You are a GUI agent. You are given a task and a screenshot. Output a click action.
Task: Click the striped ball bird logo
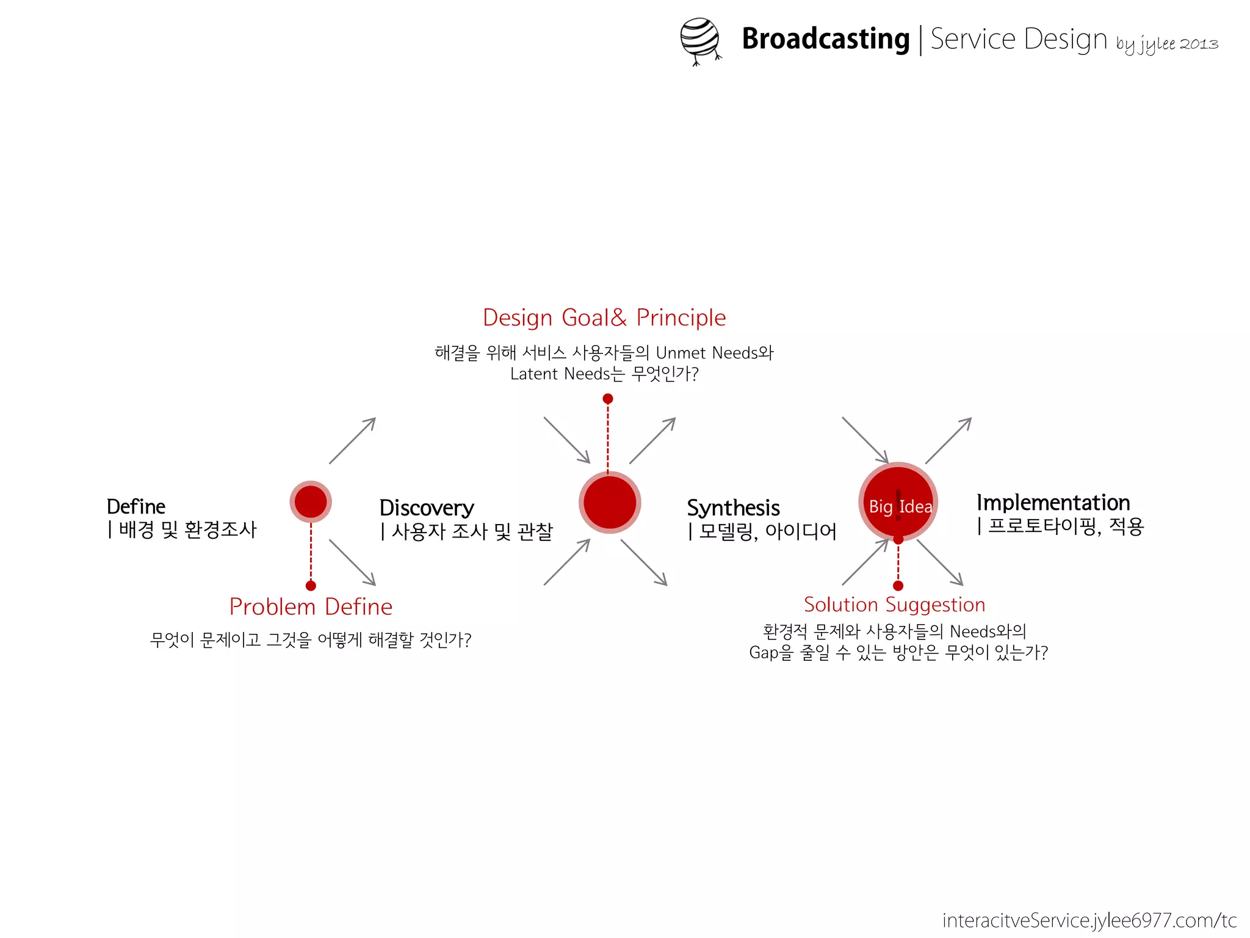tap(700, 40)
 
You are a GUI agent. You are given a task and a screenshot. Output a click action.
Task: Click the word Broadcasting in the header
tap(825, 39)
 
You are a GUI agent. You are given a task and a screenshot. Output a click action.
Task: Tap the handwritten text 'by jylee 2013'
tap(1166, 44)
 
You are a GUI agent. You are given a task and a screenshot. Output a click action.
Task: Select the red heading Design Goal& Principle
tap(604, 318)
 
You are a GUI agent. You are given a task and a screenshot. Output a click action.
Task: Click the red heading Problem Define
tap(311, 607)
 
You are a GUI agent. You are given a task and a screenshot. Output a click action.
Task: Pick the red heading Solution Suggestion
tap(894, 605)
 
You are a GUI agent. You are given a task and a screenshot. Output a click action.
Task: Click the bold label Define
tap(135, 507)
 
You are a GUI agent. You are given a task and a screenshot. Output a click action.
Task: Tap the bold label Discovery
tap(427, 508)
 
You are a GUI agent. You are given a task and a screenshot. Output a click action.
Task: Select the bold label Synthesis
tap(733, 508)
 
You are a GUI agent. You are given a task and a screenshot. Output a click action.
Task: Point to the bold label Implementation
tap(1053, 503)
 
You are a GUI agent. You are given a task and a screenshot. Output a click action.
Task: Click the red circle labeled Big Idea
tap(898, 502)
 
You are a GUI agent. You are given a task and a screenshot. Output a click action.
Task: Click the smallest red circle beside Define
tap(311, 502)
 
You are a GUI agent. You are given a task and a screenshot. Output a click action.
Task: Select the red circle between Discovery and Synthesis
tap(610, 503)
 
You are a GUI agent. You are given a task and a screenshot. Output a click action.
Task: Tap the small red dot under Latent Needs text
tap(608, 399)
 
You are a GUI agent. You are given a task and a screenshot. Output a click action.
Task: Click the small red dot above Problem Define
tap(311, 586)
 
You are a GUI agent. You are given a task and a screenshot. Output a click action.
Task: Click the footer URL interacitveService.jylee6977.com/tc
tap(1089, 920)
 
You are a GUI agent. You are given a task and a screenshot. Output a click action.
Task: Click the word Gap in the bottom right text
tap(763, 652)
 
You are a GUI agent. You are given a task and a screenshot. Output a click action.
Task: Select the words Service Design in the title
tap(1018, 39)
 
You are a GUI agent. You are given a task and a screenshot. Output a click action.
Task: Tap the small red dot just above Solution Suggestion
tap(898, 586)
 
